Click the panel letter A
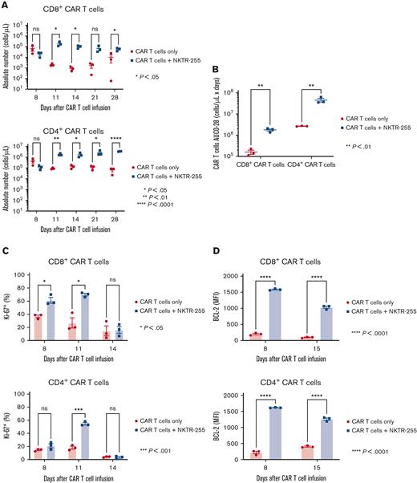6,6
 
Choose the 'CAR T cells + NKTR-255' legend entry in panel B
379,126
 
